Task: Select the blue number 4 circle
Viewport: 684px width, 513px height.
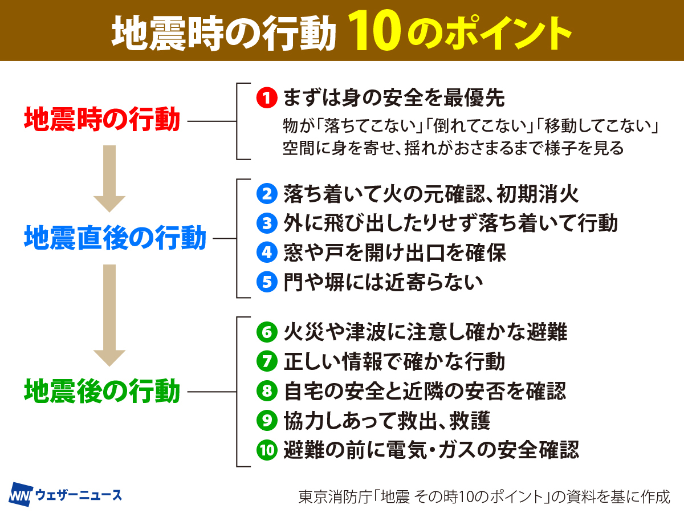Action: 266,253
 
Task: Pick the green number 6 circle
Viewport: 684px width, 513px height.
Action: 266,332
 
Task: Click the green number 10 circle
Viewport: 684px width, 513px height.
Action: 266,450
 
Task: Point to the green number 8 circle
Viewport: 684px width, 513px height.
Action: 266,391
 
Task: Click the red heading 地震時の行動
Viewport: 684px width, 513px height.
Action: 102,120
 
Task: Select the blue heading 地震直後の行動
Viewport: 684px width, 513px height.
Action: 115,238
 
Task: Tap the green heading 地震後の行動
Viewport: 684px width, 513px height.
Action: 102,392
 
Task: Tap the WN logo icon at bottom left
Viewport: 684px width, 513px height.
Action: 22,494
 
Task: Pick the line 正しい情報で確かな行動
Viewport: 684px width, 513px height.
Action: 394,361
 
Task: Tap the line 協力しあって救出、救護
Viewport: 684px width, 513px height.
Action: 386,421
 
